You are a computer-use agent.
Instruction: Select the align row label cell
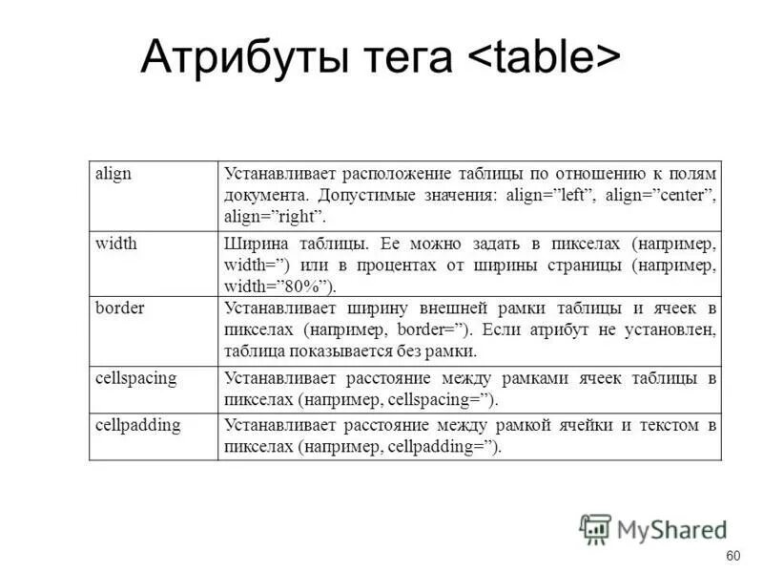coord(114,174)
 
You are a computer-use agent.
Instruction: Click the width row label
coord(116,244)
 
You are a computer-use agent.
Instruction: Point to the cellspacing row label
coord(136,378)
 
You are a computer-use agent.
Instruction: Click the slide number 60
coord(732,557)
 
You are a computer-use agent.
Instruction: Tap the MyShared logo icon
coord(595,529)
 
